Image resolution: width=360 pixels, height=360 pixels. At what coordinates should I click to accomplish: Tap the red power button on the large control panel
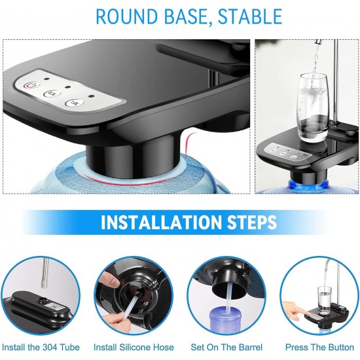(31, 86)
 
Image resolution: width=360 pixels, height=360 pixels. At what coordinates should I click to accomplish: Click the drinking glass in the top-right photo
(313, 108)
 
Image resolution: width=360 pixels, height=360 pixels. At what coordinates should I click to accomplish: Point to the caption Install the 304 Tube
(41, 347)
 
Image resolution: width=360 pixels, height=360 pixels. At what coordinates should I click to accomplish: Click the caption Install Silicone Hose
(134, 347)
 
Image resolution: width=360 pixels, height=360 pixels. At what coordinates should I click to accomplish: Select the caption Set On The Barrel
(226, 347)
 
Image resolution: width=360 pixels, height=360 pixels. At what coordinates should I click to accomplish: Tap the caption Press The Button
(319, 347)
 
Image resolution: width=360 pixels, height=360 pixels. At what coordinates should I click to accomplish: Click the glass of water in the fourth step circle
(325, 300)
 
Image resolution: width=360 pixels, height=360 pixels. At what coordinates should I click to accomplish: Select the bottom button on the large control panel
(74, 103)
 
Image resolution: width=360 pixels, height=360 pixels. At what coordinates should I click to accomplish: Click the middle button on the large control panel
(52, 94)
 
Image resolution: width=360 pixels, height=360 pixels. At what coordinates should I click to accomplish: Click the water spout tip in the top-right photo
(317, 42)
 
